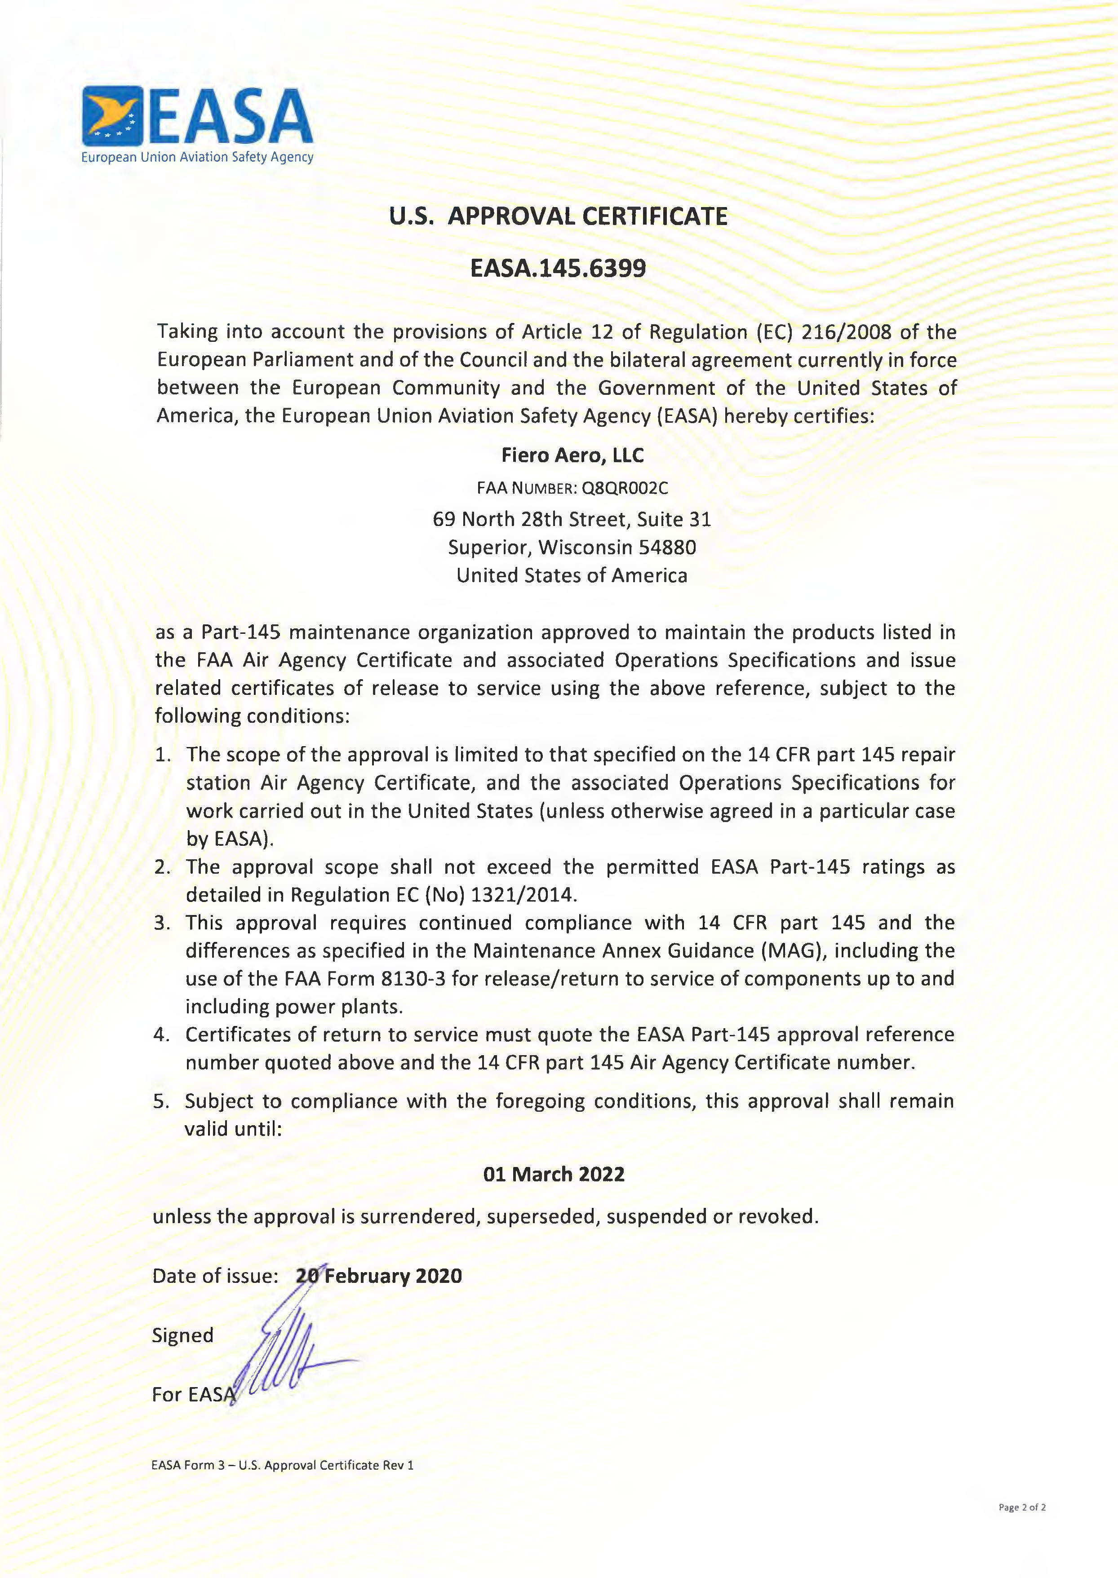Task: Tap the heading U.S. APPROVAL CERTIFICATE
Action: click(x=558, y=216)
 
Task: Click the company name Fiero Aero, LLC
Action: click(x=572, y=455)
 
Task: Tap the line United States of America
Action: click(x=572, y=576)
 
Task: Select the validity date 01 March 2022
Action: click(x=554, y=1174)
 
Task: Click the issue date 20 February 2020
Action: click(x=379, y=1276)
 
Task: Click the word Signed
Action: click(x=182, y=1335)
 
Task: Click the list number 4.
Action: click(x=161, y=1035)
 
